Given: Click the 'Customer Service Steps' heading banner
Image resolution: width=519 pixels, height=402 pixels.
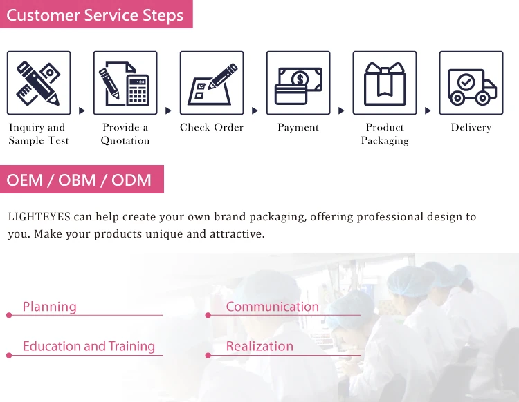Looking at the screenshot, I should (x=95, y=15).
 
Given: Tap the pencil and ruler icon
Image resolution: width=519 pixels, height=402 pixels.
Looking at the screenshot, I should (x=38, y=83).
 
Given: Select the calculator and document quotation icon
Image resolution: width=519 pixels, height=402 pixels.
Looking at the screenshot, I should (x=125, y=83).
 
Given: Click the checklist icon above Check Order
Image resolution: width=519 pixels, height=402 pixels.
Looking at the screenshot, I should (x=211, y=83).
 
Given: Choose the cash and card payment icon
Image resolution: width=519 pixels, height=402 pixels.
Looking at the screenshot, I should (x=298, y=83).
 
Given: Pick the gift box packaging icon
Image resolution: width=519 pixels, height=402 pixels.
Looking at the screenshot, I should (x=384, y=83).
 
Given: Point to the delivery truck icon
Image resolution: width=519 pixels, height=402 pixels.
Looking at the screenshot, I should (x=471, y=83).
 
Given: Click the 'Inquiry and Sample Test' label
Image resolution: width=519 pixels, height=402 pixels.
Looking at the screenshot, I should (x=38, y=134).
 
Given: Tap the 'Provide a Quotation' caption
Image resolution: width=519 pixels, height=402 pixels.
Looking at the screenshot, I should (x=125, y=134).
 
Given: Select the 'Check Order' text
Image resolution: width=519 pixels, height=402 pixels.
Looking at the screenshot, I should (x=212, y=128).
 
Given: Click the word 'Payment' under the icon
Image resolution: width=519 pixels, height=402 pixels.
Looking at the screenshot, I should (x=298, y=128).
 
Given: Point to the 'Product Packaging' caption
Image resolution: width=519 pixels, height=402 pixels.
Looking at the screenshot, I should (x=385, y=134).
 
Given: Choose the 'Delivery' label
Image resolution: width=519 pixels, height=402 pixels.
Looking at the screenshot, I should (x=471, y=128).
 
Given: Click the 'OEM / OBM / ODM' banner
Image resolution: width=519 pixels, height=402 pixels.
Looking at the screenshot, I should (x=79, y=180).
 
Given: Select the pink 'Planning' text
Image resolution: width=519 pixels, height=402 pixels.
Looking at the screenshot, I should (x=49, y=307).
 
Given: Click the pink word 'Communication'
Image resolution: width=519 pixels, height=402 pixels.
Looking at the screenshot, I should (x=272, y=307).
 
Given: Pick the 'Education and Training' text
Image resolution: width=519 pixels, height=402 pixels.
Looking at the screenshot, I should (x=89, y=346).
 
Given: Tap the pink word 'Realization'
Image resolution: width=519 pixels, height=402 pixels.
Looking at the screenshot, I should (x=259, y=346).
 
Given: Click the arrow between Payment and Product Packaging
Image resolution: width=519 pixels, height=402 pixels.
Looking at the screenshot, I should (x=341, y=111).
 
